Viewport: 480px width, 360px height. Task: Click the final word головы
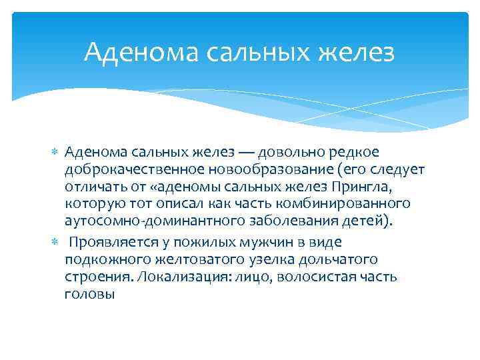pos(90,293)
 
